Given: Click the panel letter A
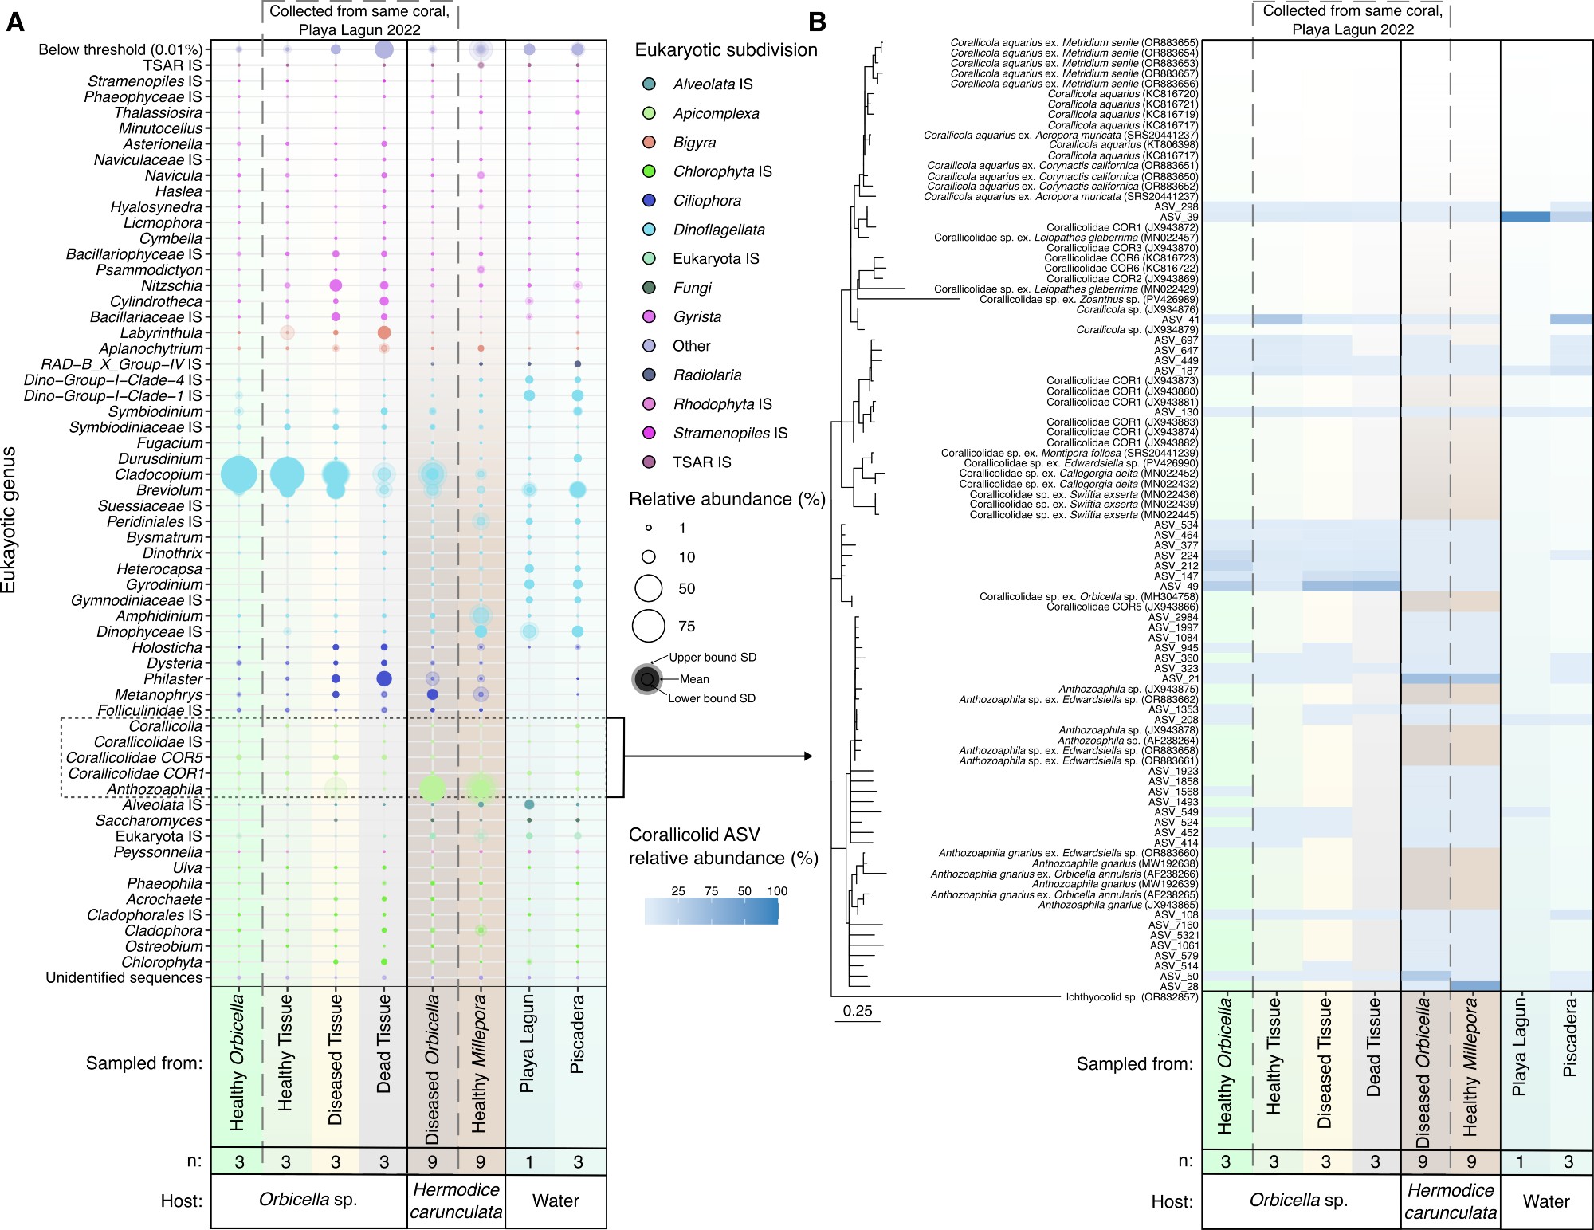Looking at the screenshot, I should tap(14, 22).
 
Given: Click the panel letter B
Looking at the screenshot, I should tap(817, 22).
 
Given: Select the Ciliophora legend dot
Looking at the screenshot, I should tap(650, 200).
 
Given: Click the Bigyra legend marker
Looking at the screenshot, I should tap(650, 142).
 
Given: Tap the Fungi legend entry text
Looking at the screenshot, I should tap(692, 288).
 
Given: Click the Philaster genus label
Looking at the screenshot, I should tap(173, 679).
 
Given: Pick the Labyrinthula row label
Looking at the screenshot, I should tap(161, 333).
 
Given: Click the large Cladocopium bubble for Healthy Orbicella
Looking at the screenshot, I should tap(238, 475).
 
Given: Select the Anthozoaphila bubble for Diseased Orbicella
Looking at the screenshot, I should tap(432, 788).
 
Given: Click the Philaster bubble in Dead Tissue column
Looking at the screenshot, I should tap(384, 679).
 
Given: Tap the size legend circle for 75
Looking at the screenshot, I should tap(649, 626).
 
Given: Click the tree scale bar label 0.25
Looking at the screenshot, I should tap(858, 1011).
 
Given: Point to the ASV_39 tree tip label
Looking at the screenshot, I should tap(1178, 217).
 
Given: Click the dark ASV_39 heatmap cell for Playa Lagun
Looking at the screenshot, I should tap(1525, 217).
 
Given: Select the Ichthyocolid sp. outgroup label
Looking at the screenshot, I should tap(1132, 997).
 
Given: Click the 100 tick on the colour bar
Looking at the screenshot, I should tap(777, 891).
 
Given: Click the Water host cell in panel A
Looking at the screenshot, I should tap(556, 1201).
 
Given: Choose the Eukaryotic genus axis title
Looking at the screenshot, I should tap(10, 519).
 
